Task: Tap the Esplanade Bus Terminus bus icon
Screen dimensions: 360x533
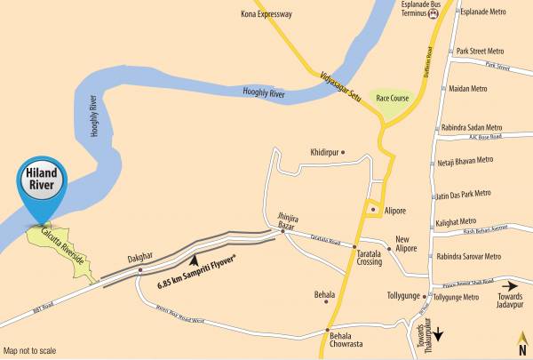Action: click(434, 15)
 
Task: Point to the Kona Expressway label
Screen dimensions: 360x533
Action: click(266, 14)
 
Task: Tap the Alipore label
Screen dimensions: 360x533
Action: click(394, 211)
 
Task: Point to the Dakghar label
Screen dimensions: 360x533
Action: click(139, 256)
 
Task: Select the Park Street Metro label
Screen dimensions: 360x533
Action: click(480, 52)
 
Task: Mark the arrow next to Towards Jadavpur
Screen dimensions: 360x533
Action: click(509, 286)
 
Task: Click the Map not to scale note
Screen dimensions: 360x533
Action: click(29, 350)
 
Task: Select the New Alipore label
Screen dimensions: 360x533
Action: click(405, 244)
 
